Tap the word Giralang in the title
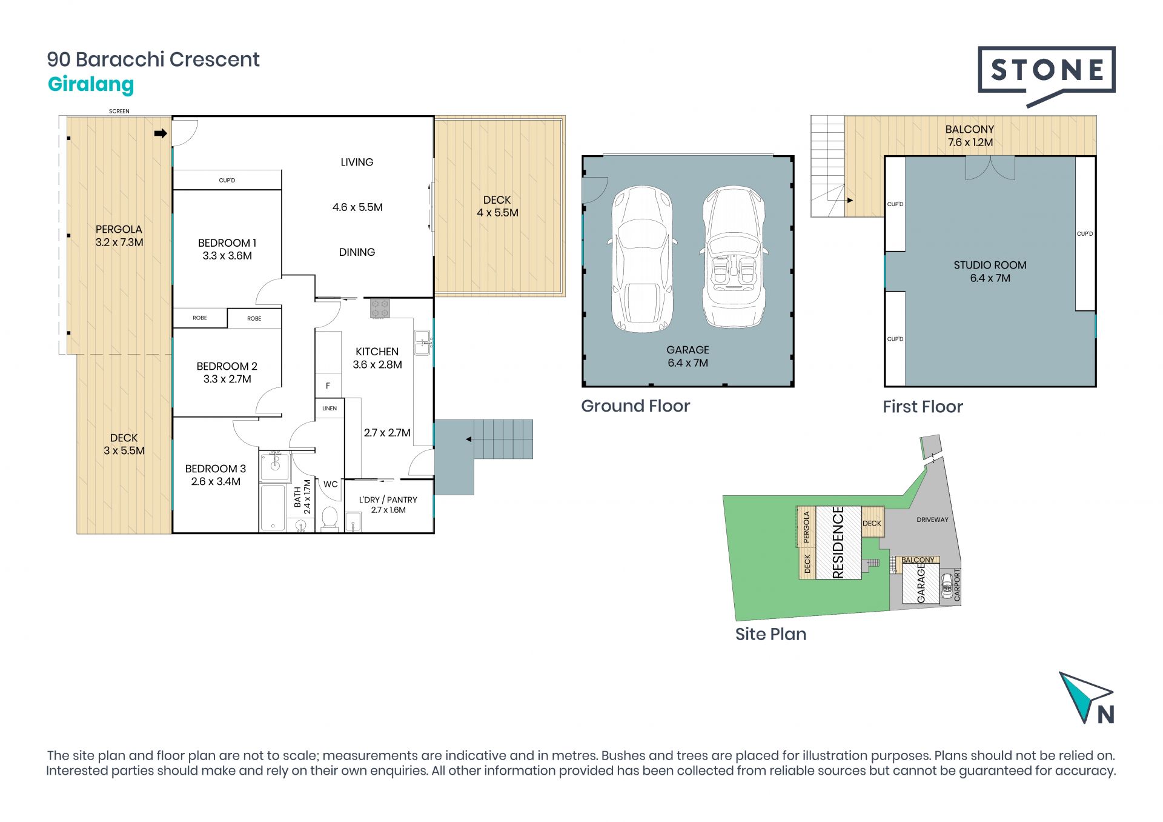[91, 85]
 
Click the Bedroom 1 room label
[227, 249]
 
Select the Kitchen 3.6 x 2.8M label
[377, 358]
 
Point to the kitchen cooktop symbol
[380, 308]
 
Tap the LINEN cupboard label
[330, 409]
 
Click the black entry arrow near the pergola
[161, 133]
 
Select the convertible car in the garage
[733, 258]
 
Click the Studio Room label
[990, 272]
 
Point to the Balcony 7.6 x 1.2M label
[970, 136]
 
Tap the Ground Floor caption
[635, 406]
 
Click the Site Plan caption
[770, 634]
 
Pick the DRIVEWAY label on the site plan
[932, 520]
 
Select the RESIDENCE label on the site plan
[838, 543]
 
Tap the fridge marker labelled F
[328, 386]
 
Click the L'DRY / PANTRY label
[388, 504]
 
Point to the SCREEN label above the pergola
[119, 112]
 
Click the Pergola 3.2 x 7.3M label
[119, 236]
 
